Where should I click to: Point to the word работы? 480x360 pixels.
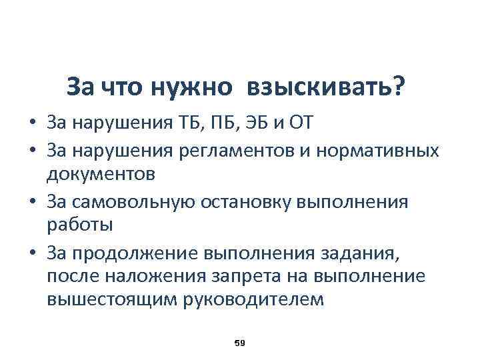click(80, 225)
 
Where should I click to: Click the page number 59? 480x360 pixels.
click(240, 342)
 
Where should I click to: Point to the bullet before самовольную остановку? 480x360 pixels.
click(32, 200)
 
